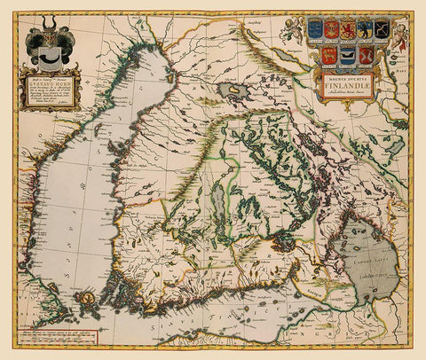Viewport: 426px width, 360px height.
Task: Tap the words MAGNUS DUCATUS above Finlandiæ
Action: point(350,80)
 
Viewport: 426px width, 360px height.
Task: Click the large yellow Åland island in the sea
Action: point(87,301)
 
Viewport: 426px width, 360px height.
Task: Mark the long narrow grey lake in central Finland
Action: point(220,210)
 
